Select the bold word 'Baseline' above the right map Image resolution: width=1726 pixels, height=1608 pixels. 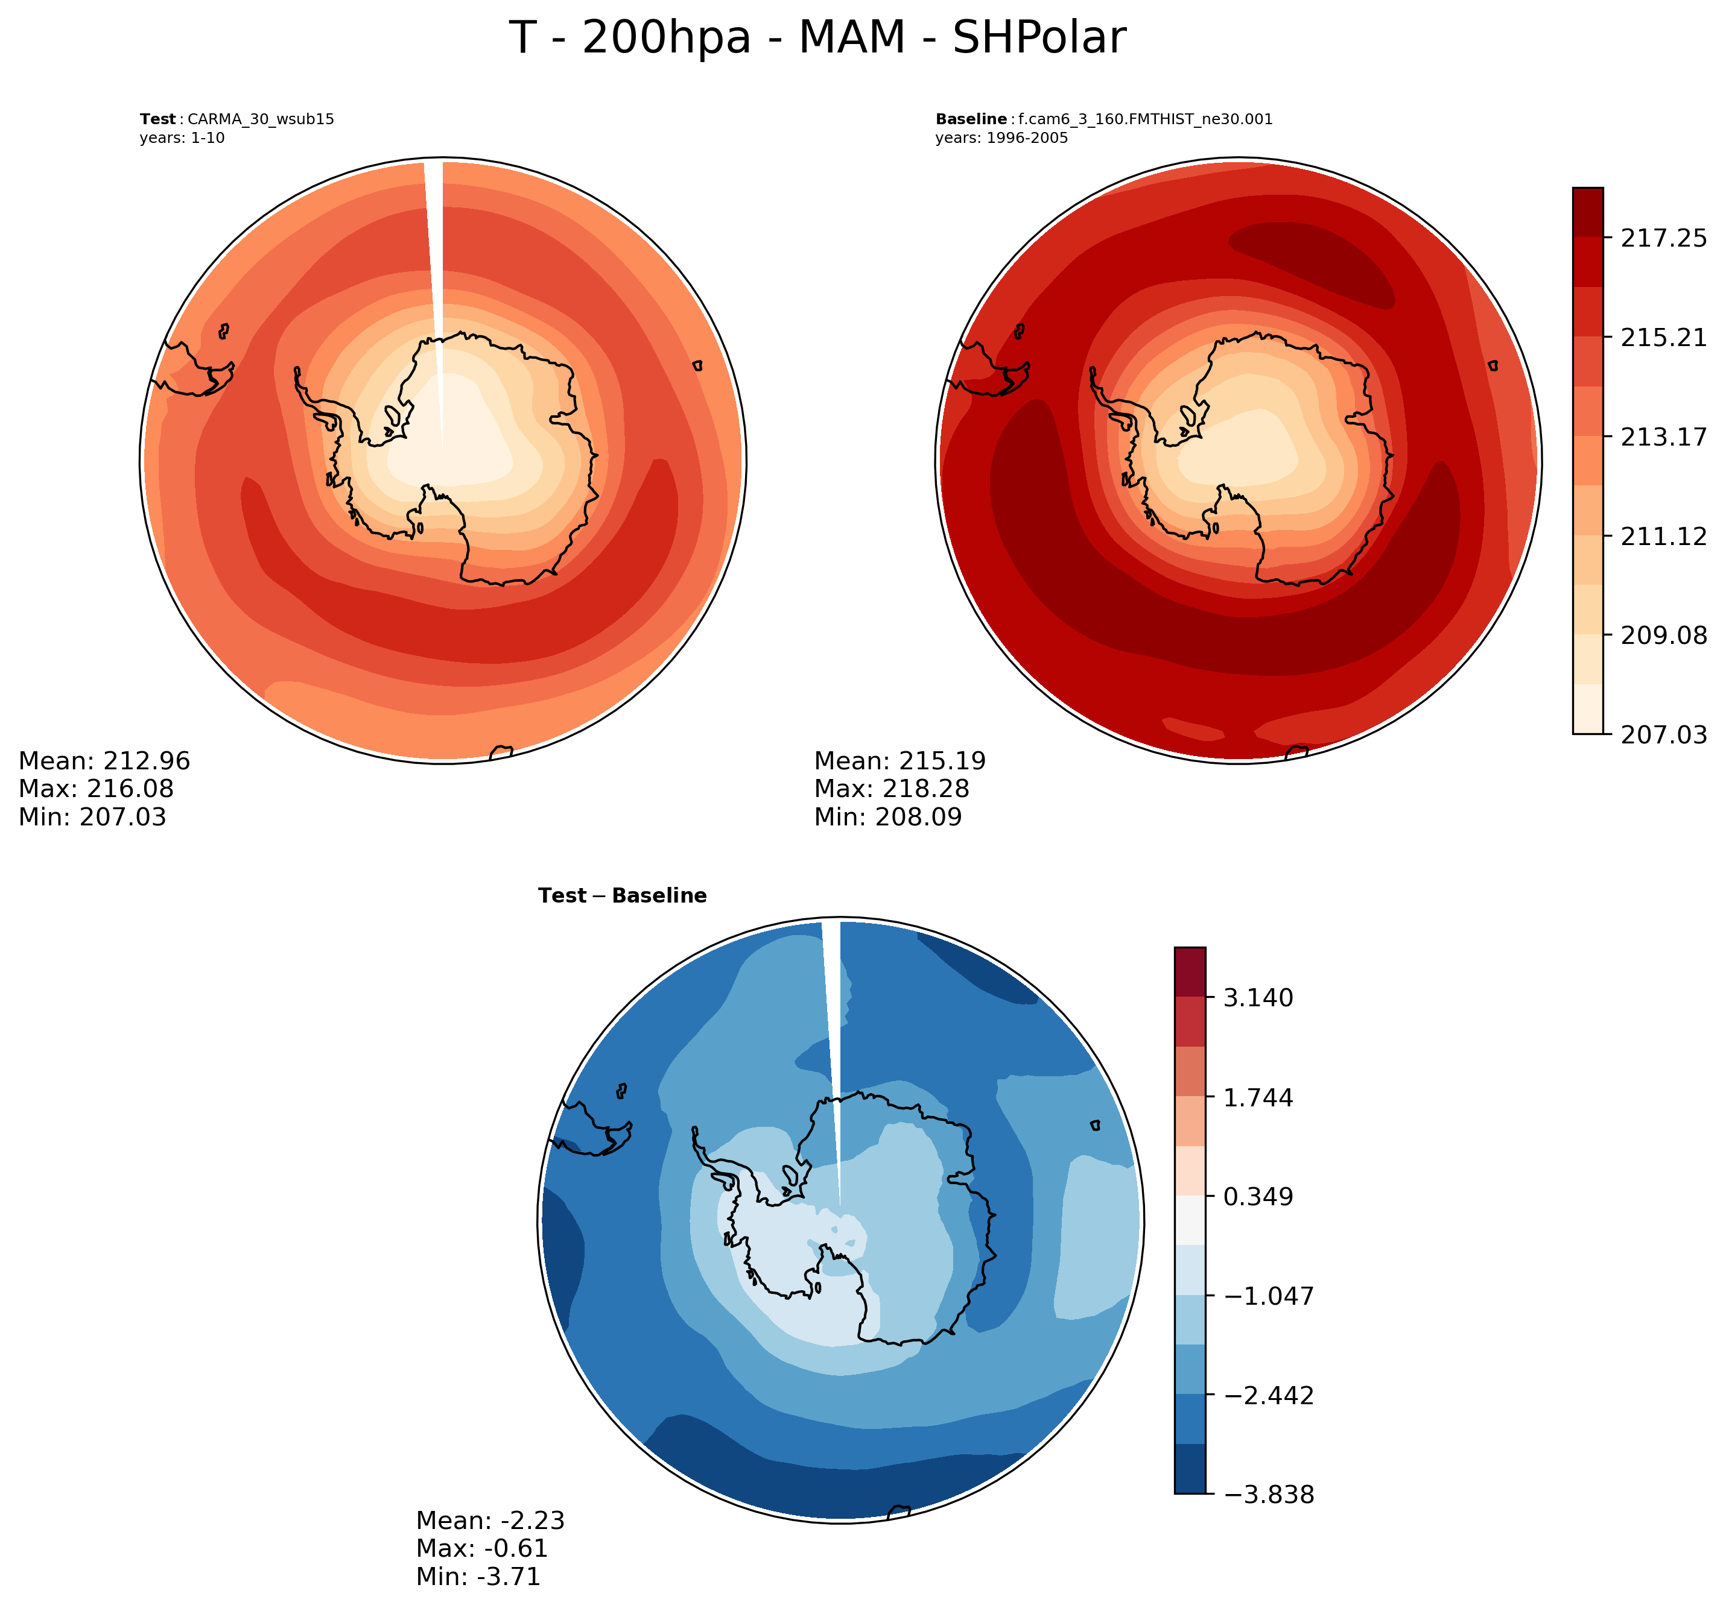pyautogui.click(x=971, y=120)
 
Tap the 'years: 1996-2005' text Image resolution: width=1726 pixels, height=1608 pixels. pyautogui.click(x=1001, y=138)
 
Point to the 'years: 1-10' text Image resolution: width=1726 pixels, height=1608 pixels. pyautogui.click(x=182, y=138)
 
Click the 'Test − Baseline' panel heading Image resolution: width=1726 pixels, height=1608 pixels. pyautogui.click(x=621, y=895)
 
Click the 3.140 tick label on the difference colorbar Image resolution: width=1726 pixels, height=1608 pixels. pyautogui.click(x=1258, y=998)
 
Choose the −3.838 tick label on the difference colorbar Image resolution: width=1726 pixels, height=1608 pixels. pyautogui.click(x=1269, y=1494)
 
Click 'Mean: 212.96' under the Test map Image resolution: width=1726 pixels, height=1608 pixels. pyautogui.click(x=104, y=761)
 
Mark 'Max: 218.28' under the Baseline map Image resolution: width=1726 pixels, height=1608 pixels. pyautogui.click(x=891, y=789)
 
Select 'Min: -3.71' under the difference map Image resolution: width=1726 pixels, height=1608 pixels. pyautogui.click(x=478, y=1576)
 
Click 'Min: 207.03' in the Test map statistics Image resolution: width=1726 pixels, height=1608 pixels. pyautogui.click(x=92, y=816)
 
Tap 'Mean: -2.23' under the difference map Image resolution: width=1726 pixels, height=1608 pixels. pyautogui.click(x=490, y=1521)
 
